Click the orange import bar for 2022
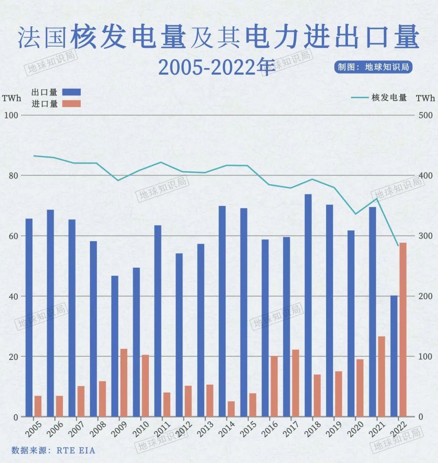tap(403, 330)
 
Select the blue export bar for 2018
tap(308, 305)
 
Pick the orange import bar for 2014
tap(231, 409)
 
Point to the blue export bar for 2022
tap(394, 356)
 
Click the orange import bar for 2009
tap(124, 383)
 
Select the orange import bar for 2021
tap(381, 377)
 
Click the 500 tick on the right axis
tap(425, 115)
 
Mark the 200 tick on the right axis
tap(425, 296)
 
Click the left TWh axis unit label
tap(11, 98)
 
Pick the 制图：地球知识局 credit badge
tap(373, 67)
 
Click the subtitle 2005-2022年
tap(217, 67)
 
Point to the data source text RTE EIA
tap(76, 450)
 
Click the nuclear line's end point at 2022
tap(398, 246)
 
